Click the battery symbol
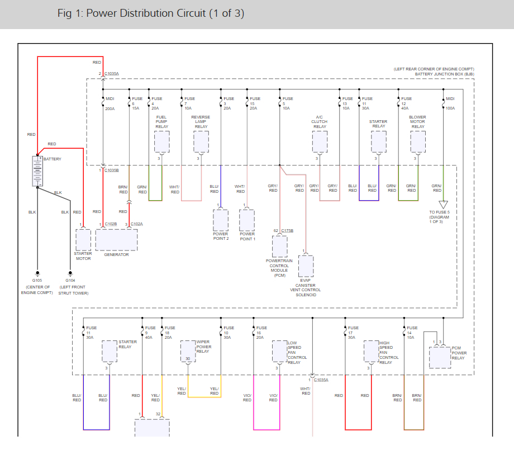point(37,171)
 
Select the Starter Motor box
point(83,240)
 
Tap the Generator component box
point(116,240)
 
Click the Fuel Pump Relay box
point(162,141)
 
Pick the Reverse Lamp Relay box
point(201,141)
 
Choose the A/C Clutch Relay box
point(320,141)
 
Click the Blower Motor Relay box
point(418,141)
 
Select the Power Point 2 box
point(221,220)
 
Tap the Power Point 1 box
point(247,220)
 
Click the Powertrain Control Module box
point(279,247)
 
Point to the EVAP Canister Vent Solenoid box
point(306,266)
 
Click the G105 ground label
point(37,281)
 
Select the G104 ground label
point(70,281)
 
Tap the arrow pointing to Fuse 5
point(443,205)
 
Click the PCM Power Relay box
point(440,358)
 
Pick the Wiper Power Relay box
point(188,351)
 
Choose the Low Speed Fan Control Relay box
point(279,351)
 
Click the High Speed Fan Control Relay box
point(372,351)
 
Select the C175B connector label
point(287,230)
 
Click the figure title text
point(151,13)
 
